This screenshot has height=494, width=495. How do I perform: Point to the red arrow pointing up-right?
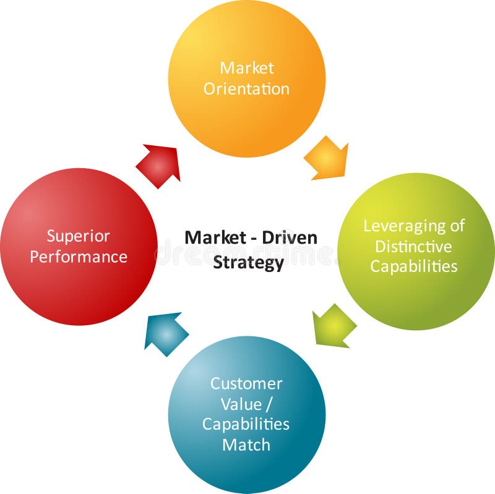tap(159, 166)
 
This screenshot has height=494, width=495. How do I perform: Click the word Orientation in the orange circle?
tap(246, 88)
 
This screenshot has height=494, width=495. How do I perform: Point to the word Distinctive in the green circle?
tap(414, 246)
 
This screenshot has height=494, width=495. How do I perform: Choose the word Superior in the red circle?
tap(79, 236)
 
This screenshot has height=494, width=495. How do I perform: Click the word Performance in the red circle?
tap(79, 257)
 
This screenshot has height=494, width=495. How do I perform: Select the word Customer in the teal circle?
tap(246, 383)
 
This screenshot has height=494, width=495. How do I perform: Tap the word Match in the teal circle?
tap(246, 444)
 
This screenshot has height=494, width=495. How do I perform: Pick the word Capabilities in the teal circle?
tap(246, 424)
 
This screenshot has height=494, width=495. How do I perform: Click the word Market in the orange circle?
tap(246, 67)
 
